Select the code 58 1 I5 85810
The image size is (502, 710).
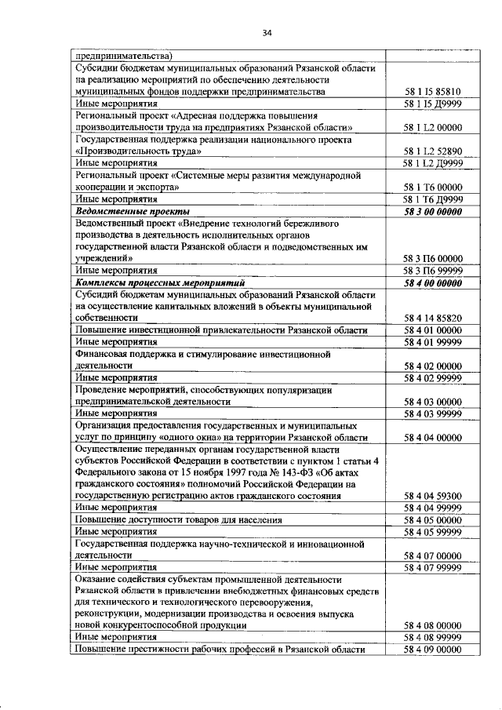[432, 92]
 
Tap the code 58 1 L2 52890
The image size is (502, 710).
[432, 151]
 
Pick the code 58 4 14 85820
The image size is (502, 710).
[432, 318]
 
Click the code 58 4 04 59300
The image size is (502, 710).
[432, 496]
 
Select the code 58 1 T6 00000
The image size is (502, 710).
[432, 188]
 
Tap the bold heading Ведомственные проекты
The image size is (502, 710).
[132, 211]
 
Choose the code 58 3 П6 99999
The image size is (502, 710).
[432, 270]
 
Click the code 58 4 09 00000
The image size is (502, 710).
[432, 650]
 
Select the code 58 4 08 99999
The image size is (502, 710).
[432, 638]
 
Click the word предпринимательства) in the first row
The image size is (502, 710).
[124, 56]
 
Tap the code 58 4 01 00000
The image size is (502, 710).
[432, 330]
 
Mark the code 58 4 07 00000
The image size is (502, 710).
[432, 555]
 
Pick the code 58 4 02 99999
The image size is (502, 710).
[432, 377]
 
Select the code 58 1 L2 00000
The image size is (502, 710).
[432, 128]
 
